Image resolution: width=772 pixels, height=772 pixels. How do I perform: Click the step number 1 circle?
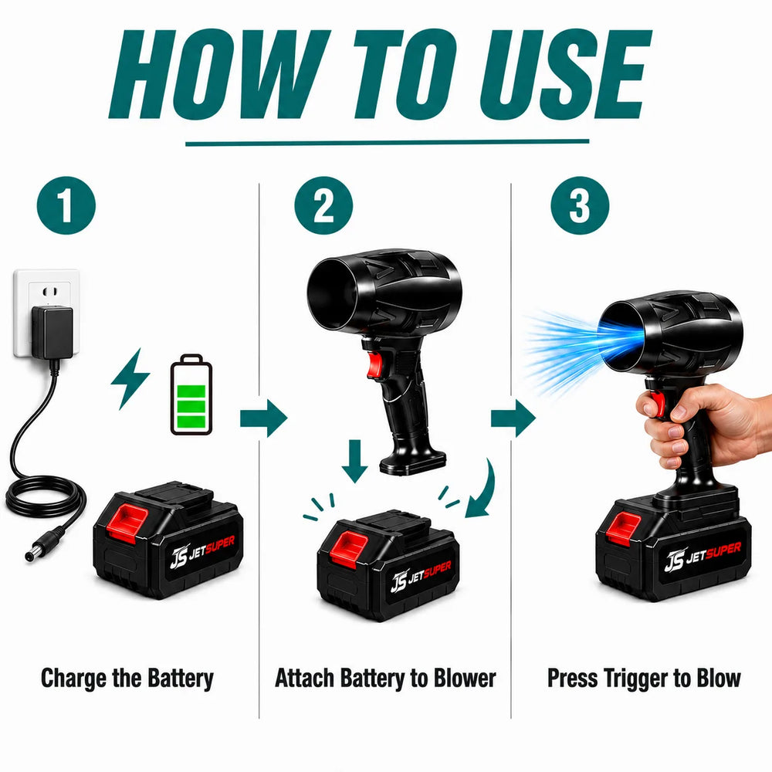(x=66, y=205)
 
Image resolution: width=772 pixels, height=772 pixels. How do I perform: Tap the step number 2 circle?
(x=323, y=205)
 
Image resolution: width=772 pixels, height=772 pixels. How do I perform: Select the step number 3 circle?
(x=580, y=205)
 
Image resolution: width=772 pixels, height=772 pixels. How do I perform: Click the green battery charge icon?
(x=191, y=394)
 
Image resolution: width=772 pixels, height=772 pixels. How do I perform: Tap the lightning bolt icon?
(x=130, y=378)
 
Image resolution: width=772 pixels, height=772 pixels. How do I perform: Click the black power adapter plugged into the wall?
(x=52, y=332)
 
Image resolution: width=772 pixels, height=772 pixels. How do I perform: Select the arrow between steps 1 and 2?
(x=263, y=418)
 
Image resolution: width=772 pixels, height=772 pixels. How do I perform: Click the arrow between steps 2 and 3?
(x=513, y=418)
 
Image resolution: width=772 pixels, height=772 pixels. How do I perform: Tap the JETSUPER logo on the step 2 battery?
(x=421, y=577)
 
